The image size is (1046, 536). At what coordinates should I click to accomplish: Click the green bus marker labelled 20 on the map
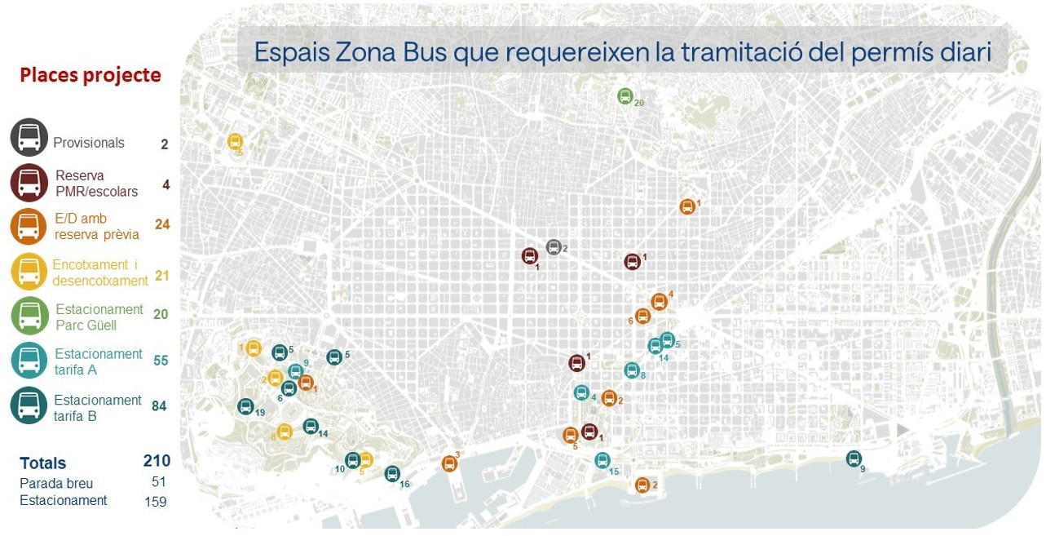click(x=625, y=96)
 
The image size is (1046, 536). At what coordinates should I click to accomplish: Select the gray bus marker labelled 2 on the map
click(x=554, y=247)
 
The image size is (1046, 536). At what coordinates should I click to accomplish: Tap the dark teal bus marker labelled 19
click(x=245, y=406)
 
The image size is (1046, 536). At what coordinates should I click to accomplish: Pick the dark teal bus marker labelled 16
click(x=392, y=473)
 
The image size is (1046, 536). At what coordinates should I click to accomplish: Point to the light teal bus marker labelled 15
click(x=602, y=460)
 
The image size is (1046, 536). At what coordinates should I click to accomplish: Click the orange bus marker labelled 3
click(x=449, y=463)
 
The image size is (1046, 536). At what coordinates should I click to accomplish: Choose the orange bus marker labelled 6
click(x=642, y=316)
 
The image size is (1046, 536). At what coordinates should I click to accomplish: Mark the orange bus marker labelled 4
click(x=659, y=302)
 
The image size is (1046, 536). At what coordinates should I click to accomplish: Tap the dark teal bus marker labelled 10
click(x=352, y=460)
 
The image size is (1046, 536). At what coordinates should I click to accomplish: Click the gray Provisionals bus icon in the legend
click(x=29, y=137)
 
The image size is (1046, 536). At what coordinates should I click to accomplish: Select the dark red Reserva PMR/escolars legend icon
click(x=29, y=183)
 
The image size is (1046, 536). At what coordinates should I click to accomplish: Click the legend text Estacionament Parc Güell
click(x=99, y=317)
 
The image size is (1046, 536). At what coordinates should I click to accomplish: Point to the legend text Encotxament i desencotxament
click(x=100, y=272)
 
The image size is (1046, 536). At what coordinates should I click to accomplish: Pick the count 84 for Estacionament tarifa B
click(x=159, y=405)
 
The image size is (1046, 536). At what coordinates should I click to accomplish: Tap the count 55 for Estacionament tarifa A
click(x=160, y=360)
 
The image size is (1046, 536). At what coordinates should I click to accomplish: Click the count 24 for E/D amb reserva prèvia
click(x=162, y=224)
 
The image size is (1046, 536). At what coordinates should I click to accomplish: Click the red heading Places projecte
click(x=90, y=76)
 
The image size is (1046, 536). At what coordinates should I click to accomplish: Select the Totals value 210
click(x=157, y=461)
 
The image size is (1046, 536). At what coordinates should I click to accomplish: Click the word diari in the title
click(x=970, y=52)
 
